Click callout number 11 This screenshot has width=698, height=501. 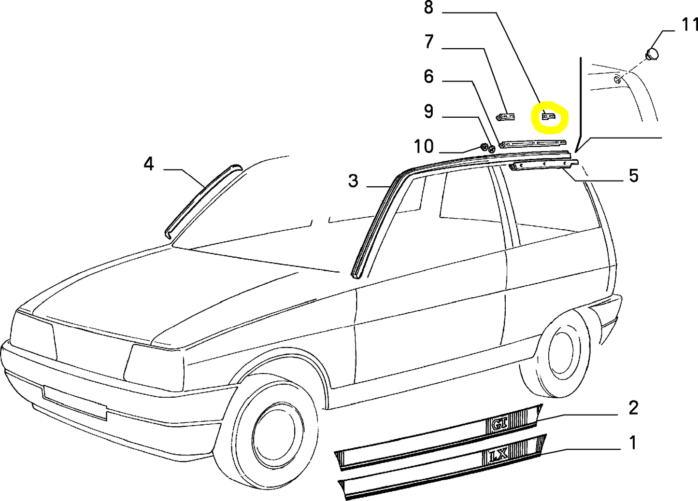[689, 24]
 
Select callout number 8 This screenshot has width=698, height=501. [428, 8]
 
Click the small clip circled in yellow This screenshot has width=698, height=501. [549, 116]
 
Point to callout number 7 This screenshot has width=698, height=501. [429, 42]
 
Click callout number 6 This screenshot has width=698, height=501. [428, 77]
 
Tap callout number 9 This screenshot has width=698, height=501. [428, 111]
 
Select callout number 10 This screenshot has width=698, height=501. [423, 146]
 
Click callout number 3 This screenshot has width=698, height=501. [353, 181]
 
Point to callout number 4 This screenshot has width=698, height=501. [149, 164]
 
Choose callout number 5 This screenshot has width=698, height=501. [633, 175]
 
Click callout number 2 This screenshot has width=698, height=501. [633, 408]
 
